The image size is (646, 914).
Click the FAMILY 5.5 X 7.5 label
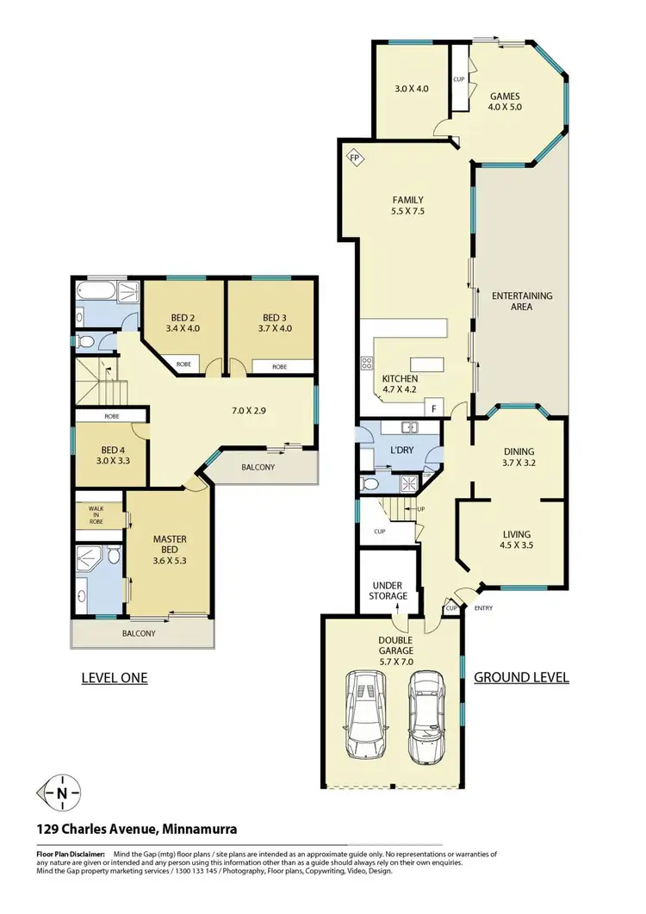407,206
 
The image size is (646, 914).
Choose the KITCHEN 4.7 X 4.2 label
400,384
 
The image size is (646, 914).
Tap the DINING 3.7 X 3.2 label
519,457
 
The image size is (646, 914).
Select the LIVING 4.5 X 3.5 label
515,539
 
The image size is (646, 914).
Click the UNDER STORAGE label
387,590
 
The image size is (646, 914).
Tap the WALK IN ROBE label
95,515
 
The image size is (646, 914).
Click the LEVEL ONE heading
114,678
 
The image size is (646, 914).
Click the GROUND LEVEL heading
521,677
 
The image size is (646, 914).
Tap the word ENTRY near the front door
484,609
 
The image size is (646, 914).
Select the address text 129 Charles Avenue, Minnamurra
136,830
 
